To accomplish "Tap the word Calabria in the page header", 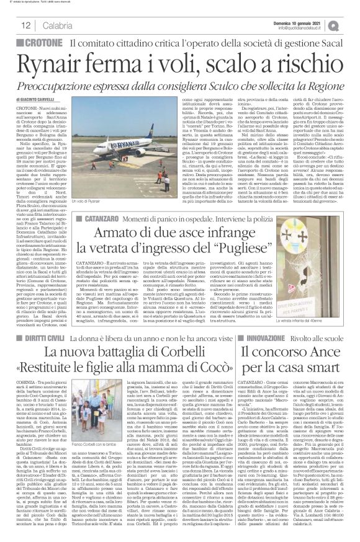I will tap(41, 25).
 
